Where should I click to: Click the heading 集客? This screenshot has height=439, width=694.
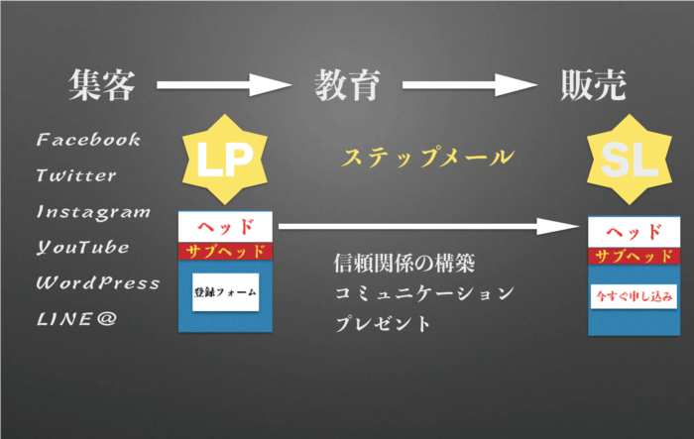(x=101, y=87)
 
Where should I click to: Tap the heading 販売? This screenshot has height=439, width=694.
(x=592, y=87)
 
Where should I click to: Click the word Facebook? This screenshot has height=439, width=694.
(x=89, y=140)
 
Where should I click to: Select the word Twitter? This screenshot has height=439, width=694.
(x=76, y=175)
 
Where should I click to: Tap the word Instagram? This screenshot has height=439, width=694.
(x=93, y=212)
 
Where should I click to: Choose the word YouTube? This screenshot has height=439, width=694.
(x=83, y=247)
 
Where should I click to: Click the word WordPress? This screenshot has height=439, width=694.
(x=97, y=282)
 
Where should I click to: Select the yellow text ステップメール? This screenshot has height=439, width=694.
(x=426, y=157)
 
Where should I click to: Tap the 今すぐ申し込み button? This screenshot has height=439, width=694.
(x=634, y=295)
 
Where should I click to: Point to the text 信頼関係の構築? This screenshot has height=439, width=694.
(x=405, y=265)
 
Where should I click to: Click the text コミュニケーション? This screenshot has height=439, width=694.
(x=423, y=294)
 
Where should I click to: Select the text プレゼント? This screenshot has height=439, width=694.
(x=383, y=324)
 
